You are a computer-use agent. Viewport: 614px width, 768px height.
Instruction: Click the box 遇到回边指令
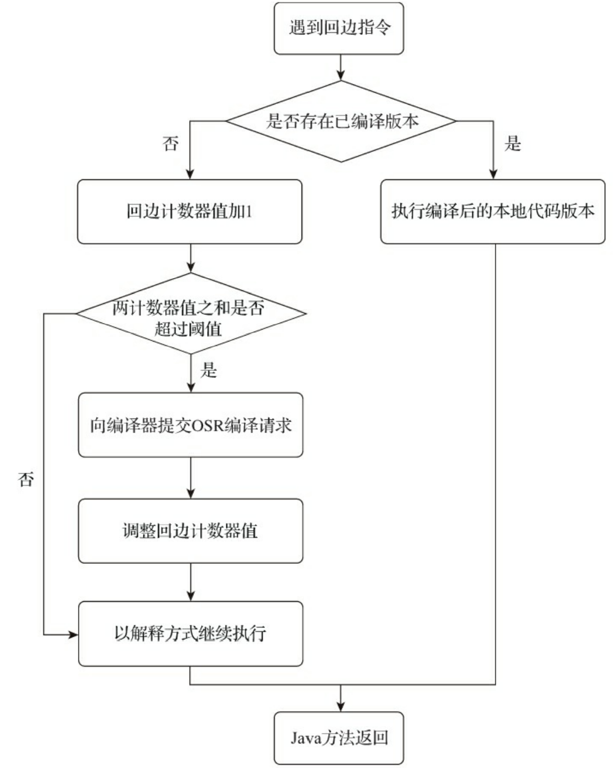[x=339, y=28]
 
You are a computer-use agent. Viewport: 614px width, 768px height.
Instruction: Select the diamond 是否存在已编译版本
[x=341, y=121]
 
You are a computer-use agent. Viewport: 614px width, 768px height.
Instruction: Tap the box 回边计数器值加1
[x=189, y=211]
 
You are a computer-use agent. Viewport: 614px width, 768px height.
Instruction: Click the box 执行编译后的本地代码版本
[x=492, y=211]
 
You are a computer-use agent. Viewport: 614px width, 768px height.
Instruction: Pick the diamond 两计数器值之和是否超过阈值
[x=190, y=314]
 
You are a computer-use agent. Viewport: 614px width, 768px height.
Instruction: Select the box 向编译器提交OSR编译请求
[x=190, y=425]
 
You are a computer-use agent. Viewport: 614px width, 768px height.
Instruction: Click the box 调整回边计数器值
[x=190, y=531]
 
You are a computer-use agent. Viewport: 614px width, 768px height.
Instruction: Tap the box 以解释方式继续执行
[x=190, y=633]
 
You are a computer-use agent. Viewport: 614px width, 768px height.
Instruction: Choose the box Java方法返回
[x=339, y=738]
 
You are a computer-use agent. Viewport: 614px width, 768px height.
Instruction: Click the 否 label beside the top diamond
[x=171, y=144]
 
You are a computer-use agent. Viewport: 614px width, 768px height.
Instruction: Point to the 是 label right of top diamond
[x=513, y=144]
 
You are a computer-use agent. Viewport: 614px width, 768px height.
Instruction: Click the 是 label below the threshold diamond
[x=208, y=370]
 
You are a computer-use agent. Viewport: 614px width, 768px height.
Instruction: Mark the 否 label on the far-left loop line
[x=26, y=479]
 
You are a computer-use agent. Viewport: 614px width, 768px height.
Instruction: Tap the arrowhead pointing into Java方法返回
[x=341, y=706]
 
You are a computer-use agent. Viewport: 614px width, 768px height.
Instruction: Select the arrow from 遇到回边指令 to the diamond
[x=341, y=68]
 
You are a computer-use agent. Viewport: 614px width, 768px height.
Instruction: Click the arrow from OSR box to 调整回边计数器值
[x=191, y=478]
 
